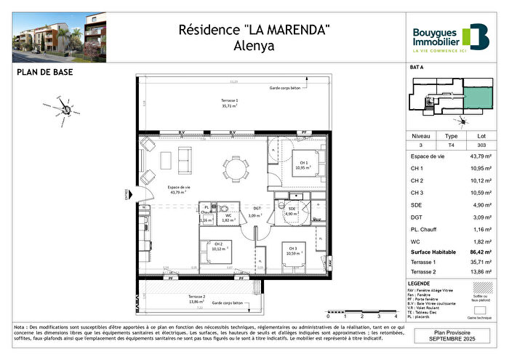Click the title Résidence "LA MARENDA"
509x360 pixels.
tap(254, 30)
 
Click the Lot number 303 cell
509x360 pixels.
tap(480, 145)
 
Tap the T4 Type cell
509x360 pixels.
tap(451, 145)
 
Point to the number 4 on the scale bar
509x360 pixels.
tap(377, 318)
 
